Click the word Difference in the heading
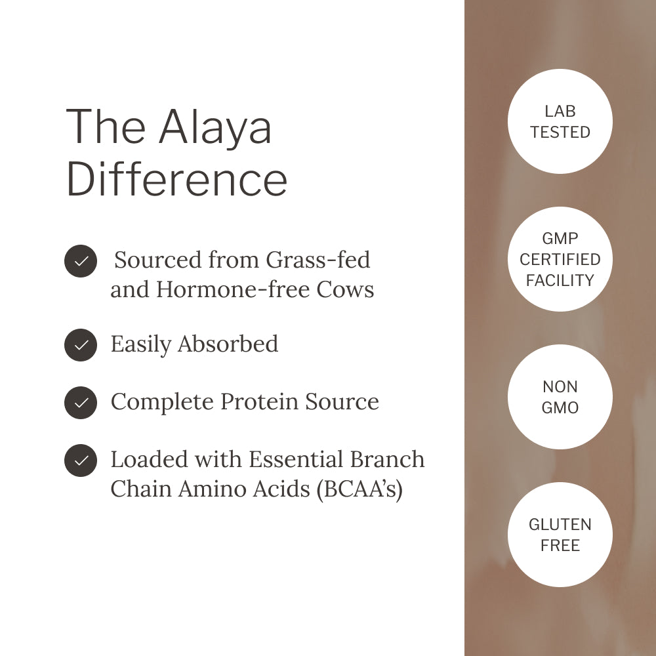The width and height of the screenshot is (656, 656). click(x=176, y=178)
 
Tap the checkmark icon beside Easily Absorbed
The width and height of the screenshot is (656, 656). click(x=81, y=344)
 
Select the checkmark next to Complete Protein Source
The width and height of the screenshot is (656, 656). click(x=81, y=402)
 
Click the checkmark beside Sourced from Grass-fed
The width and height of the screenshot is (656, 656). click(x=81, y=261)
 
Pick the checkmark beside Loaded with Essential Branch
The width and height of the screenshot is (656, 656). click(x=81, y=461)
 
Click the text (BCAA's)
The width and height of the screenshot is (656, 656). click(x=359, y=489)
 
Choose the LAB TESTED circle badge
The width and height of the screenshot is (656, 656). click(x=560, y=121)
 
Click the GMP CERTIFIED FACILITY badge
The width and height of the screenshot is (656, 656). click(x=560, y=259)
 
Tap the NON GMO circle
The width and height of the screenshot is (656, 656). click(x=560, y=397)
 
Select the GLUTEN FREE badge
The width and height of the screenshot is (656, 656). click(x=560, y=535)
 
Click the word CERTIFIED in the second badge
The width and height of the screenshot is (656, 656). click(x=560, y=260)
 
